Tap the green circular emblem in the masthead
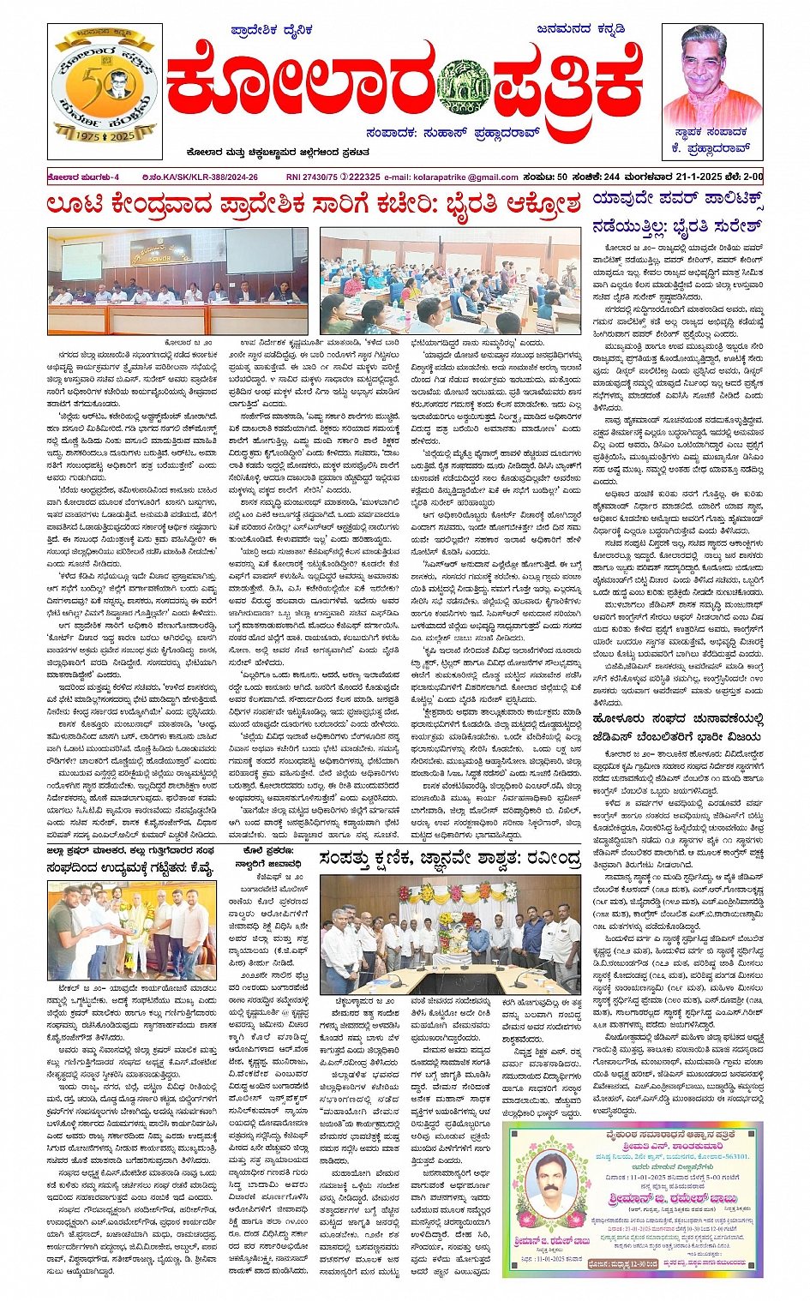pyautogui.click(x=463, y=88)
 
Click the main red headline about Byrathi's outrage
pyautogui.click(x=314, y=207)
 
